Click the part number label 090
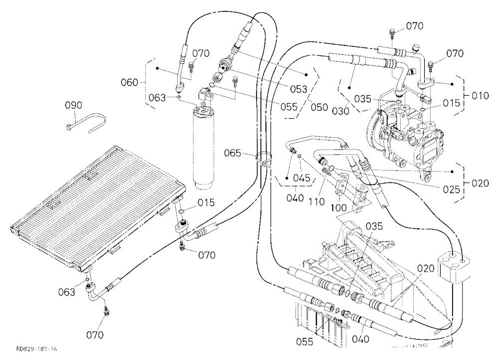tap(73, 105)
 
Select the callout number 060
tap(129, 83)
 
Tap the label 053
tap(298, 89)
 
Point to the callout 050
tap(319, 107)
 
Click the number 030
tap(340, 111)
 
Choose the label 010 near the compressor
tap(480, 96)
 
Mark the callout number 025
tap(452, 189)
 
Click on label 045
tap(302, 178)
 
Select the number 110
tap(316, 201)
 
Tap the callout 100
tap(339, 208)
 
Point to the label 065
tap(233, 153)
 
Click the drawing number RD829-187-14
tap(36, 349)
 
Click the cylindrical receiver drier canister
tap(205, 148)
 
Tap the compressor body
tap(401, 137)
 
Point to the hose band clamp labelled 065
tap(264, 159)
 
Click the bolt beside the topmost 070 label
tap(392, 32)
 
